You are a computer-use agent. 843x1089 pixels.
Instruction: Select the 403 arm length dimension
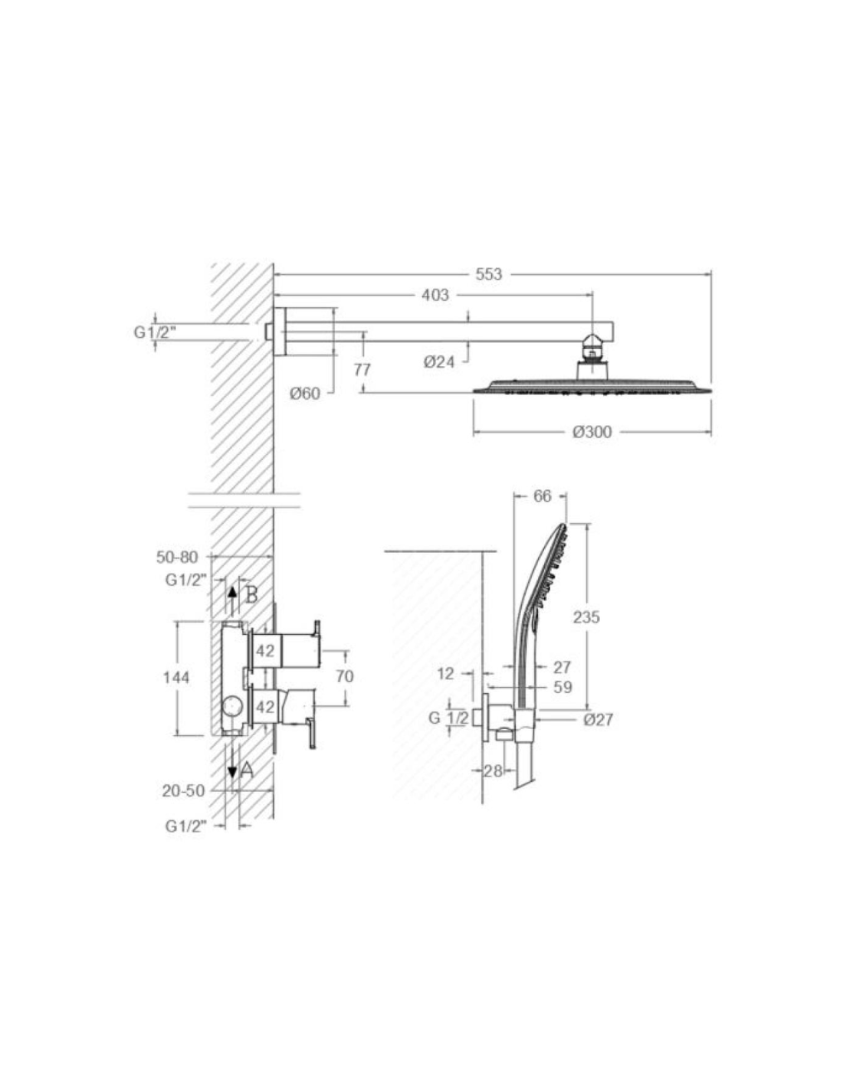click(435, 295)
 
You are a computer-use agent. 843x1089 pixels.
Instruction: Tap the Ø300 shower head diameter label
click(592, 431)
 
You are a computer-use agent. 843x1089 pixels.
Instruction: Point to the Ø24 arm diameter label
click(438, 361)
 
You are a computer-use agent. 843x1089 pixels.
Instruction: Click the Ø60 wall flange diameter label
click(304, 394)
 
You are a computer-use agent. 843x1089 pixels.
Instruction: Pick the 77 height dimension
click(362, 370)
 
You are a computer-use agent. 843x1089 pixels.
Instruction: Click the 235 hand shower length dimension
click(586, 617)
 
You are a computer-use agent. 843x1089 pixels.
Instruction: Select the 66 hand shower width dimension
click(542, 496)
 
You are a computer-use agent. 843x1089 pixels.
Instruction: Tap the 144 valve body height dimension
click(176, 678)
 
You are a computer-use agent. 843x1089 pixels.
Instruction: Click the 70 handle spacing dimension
click(345, 676)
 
